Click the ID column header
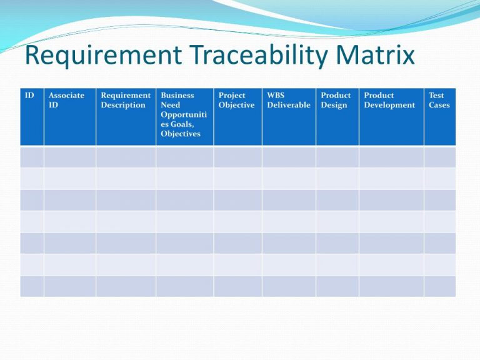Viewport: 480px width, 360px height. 29,96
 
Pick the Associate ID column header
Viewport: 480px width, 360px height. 66,100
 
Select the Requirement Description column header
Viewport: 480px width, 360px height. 126,100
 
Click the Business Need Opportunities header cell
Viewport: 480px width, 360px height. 181,114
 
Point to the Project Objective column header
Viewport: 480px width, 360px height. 236,100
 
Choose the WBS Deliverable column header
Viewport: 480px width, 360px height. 288,100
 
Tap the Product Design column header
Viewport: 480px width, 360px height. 336,100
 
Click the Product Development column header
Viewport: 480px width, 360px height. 389,100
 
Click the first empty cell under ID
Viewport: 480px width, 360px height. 32,156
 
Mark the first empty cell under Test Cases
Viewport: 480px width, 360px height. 439,156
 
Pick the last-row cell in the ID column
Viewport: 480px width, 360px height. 32,286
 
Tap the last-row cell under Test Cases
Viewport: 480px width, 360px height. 439,286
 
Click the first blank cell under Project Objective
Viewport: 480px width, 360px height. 237,156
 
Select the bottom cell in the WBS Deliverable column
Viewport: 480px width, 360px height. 289,286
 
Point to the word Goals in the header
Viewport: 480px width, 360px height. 174,124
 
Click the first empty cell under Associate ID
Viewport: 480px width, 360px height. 69,156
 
